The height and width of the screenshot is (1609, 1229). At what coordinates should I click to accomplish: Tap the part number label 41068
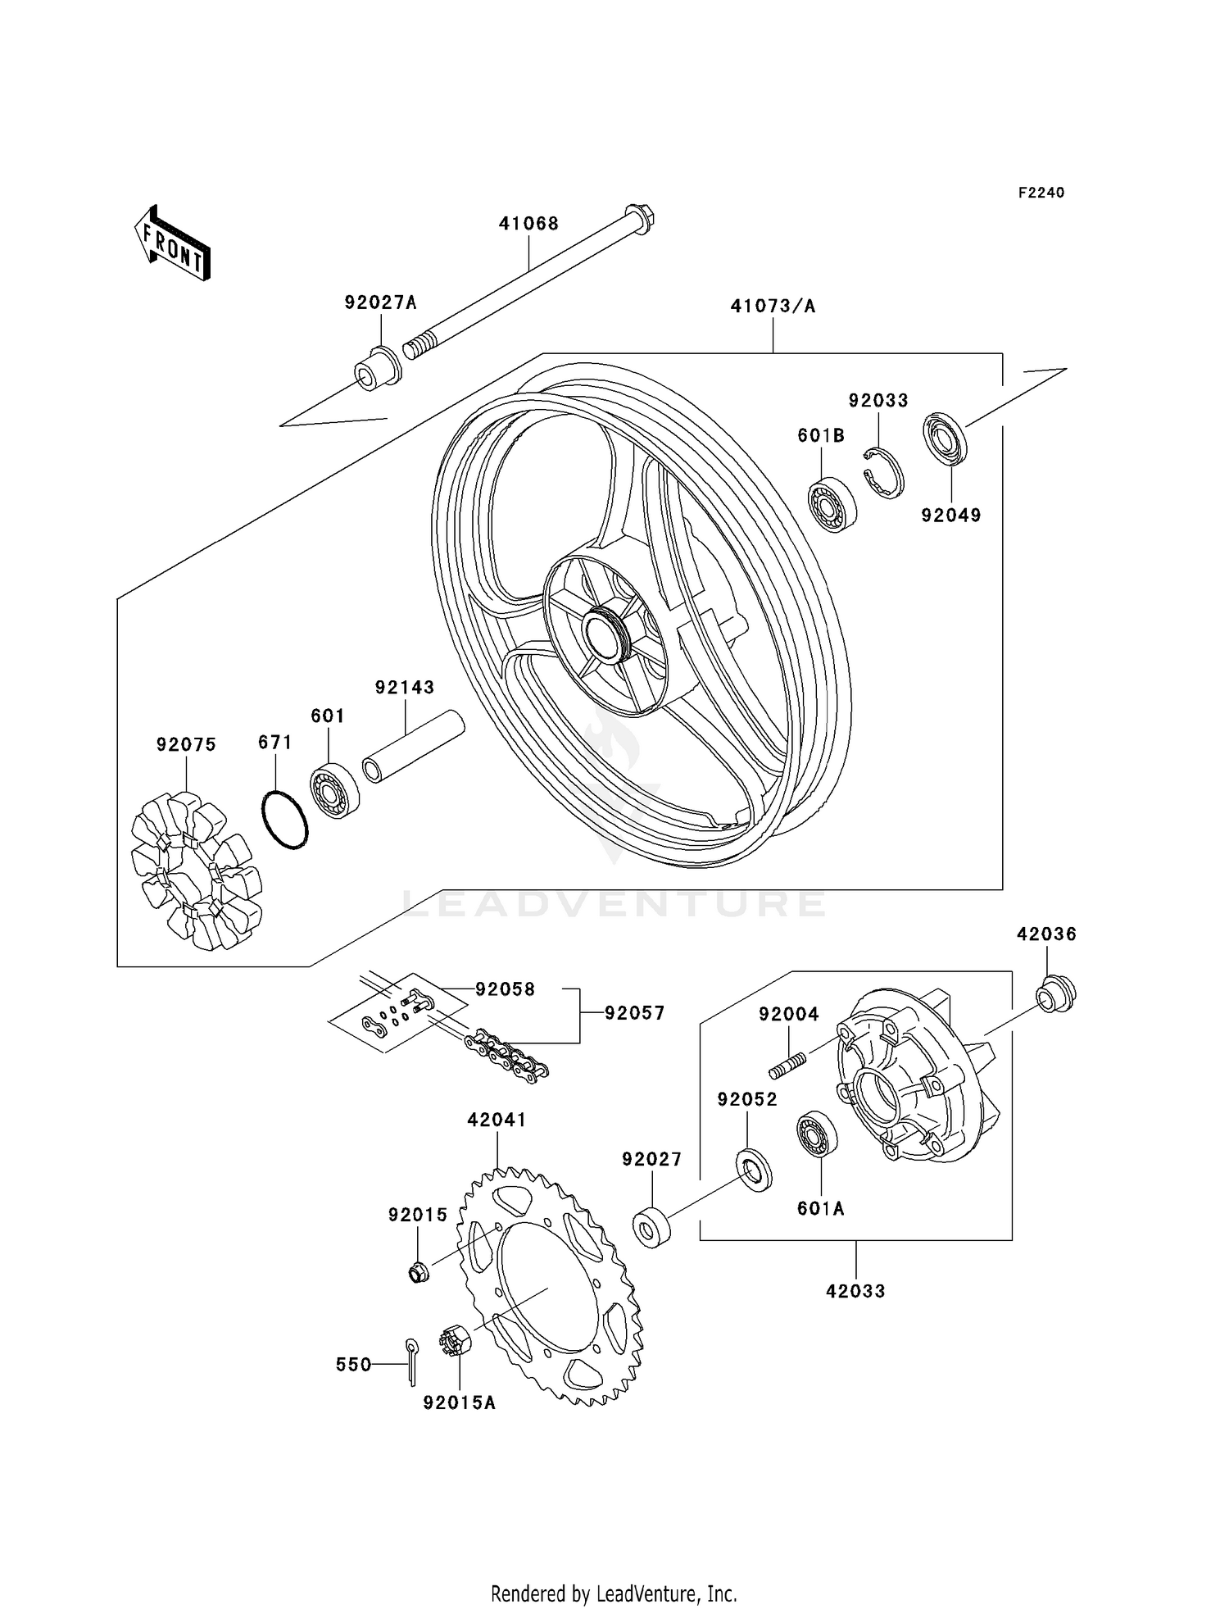pyautogui.click(x=528, y=224)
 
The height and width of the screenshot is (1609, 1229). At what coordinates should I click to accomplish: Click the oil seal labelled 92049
pyautogui.click(x=946, y=439)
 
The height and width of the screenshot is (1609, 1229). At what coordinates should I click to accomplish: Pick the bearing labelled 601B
pyautogui.click(x=832, y=503)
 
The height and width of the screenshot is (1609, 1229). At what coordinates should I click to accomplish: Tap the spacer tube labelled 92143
pyautogui.click(x=413, y=747)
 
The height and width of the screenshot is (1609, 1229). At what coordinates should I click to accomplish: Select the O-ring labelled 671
pyautogui.click(x=284, y=820)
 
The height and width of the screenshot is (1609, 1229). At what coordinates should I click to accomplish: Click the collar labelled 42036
pyautogui.click(x=1055, y=995)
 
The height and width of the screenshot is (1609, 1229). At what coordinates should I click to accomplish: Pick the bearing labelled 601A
pyautogui.click(x=817, y=1134)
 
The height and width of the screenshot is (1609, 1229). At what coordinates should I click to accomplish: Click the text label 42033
pyautogui.click(x=855, y=1291)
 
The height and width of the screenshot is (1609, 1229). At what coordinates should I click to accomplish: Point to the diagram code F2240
pyautogui.click(x=1041, y=193)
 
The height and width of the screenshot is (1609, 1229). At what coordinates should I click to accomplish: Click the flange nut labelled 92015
pyautogui.click(x=419, y=1272)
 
